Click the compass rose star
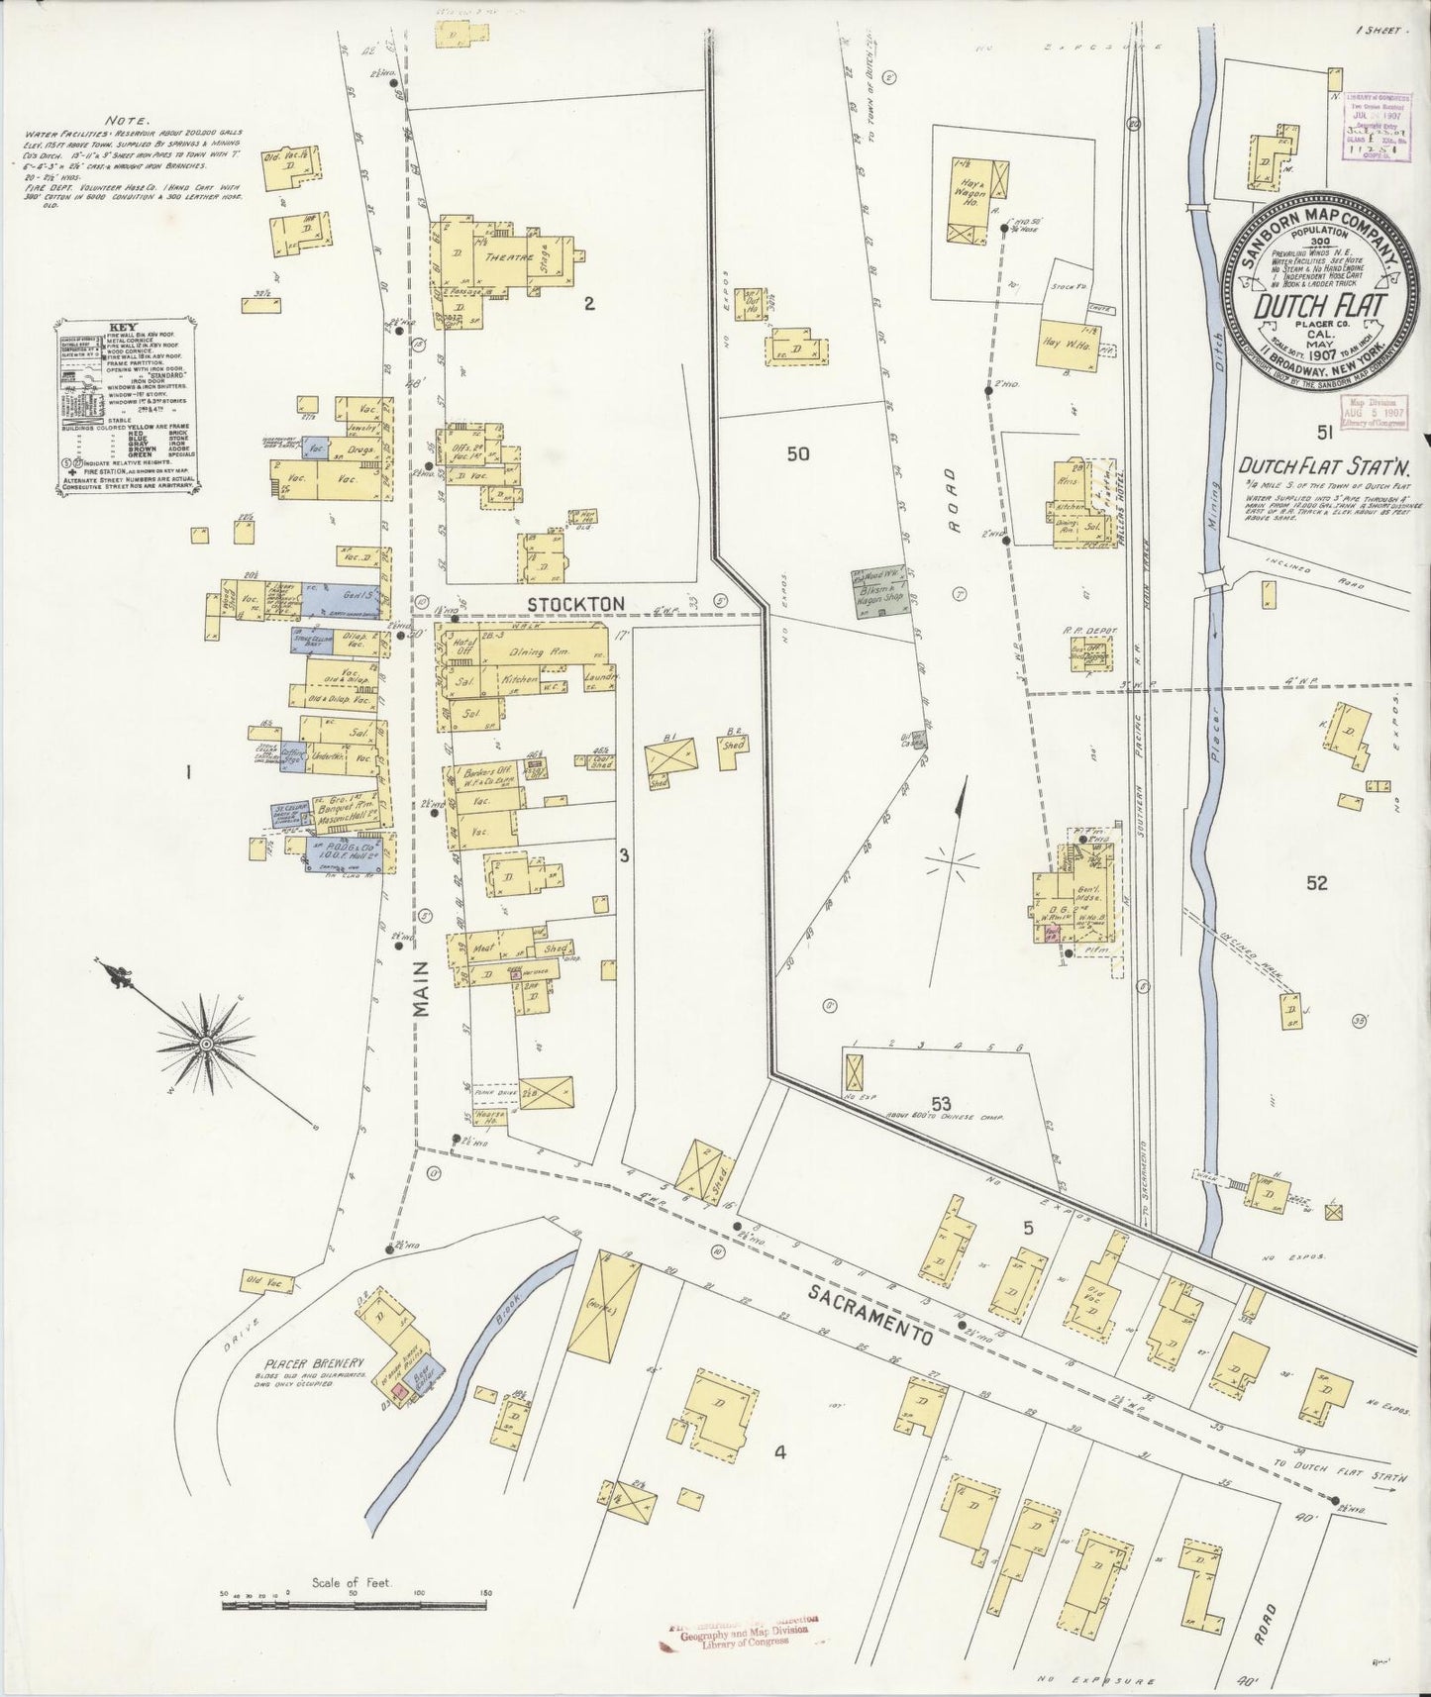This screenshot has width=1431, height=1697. (x=206, y=1043)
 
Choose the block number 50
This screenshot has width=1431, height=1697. (x=797, y=454)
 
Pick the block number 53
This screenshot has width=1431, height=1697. (x=941, y=1104)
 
